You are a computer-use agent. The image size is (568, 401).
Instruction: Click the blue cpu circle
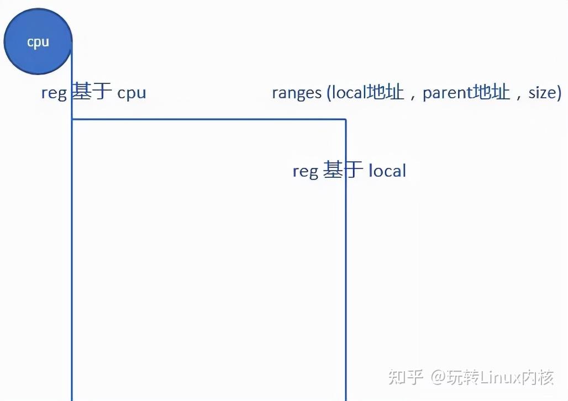click(x=38, y=41)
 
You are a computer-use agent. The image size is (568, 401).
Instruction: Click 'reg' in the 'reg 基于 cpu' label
click(x=54, y=93)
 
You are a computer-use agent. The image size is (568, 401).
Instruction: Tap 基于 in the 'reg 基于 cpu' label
click(x=91, y=91)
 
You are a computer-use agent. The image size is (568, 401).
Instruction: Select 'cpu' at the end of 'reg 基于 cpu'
click(x=132, y=93)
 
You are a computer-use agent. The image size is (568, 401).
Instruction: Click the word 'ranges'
click(x=297, y=93)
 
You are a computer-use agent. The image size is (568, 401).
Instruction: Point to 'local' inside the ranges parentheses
click(x=349, y=92)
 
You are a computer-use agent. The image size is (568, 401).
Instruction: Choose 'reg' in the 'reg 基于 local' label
click(x=306, y=171)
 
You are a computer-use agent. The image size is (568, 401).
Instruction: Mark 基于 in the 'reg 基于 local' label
click(x=343, y=170)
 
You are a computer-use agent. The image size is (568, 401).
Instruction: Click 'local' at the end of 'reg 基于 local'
click(x=387, y=170)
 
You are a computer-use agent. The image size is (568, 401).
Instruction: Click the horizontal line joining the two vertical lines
click(x=209, y=119)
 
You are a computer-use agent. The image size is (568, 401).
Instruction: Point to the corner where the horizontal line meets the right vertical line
click(x=345, y=119)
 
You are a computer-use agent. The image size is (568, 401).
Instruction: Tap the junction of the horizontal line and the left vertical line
click(x=72, y=119)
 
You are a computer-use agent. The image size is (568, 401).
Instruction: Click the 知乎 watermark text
click(x=406, y=377)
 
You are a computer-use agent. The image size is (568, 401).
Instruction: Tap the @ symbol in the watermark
click(x=438, y=377)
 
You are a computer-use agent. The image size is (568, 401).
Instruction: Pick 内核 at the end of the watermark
click(x=538, y=377)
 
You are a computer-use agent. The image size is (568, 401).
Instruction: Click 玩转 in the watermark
click(x=462, y=377)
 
